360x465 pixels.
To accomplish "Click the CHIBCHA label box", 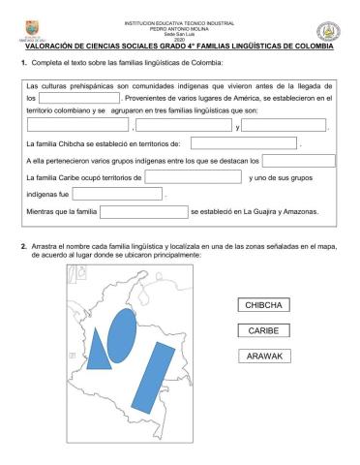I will pos(262,305).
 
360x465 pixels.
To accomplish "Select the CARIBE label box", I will pos(262,330).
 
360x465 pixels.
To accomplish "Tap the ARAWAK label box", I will pos(262,356).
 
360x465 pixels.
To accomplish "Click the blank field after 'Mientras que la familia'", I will pos(144,210).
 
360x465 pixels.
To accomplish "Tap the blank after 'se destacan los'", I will pos(299,161).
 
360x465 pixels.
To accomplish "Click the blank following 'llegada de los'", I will pos(80,98).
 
